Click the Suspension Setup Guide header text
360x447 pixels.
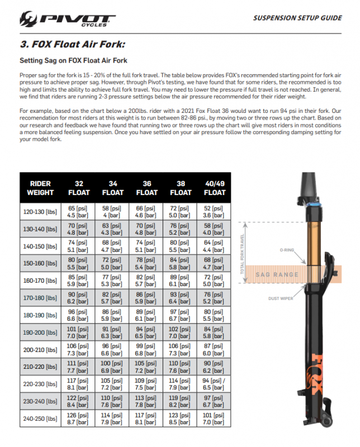(297, 18)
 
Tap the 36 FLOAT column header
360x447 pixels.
(147, 188)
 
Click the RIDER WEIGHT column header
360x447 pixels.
(40, 188)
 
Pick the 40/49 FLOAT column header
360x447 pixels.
(215, 188)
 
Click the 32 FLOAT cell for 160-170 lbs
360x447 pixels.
(79, 280)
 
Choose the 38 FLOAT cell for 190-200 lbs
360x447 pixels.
(181, 332)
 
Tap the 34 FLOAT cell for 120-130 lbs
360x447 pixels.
(113, 211)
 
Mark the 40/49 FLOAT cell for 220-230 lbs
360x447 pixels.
(215, 384)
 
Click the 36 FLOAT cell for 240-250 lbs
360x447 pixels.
(147, 419)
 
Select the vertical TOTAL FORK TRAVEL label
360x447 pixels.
(243, 258)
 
